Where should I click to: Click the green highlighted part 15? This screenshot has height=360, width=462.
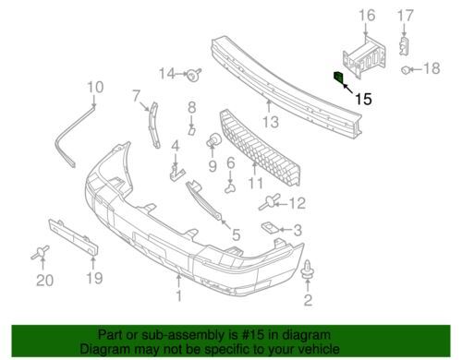click(338, 78)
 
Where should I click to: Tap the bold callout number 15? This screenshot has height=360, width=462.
click(363, 99)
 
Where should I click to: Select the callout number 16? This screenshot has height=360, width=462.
click(367, 16)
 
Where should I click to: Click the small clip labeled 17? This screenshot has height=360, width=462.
click(404, 46)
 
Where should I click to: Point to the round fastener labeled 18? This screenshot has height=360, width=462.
click(406, 70)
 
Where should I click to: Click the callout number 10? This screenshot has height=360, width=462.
click(95, 87)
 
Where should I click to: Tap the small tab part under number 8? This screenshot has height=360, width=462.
click(191, 131)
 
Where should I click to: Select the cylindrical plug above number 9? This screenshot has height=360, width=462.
click(213, 139)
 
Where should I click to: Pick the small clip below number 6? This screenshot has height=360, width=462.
click(230, 187)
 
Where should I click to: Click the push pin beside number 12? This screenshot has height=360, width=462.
click(270, 201)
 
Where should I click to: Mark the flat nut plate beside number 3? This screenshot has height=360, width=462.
click(271, 228)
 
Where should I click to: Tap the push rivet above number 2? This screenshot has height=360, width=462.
click(307, 270)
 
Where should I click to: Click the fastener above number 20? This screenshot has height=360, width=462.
click(41, 252)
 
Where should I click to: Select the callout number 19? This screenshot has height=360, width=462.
click(94, 278)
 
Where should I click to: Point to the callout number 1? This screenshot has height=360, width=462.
click(178, 295)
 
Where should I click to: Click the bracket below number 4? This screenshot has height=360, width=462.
click(176, 174)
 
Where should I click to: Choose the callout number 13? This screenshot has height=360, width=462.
click(271, 122)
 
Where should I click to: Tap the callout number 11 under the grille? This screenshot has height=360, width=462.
click(256, 184)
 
